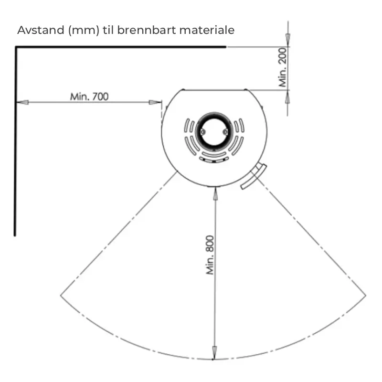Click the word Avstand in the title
pos(41,30)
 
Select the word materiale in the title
pos(207,30)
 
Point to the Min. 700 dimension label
pos(89,97)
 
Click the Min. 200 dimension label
pos(283,67)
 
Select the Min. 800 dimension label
pos(210,255)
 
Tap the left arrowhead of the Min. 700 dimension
pos(22,102)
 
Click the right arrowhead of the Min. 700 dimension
pos(155,102)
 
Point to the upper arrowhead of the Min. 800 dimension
pos(215,194)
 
